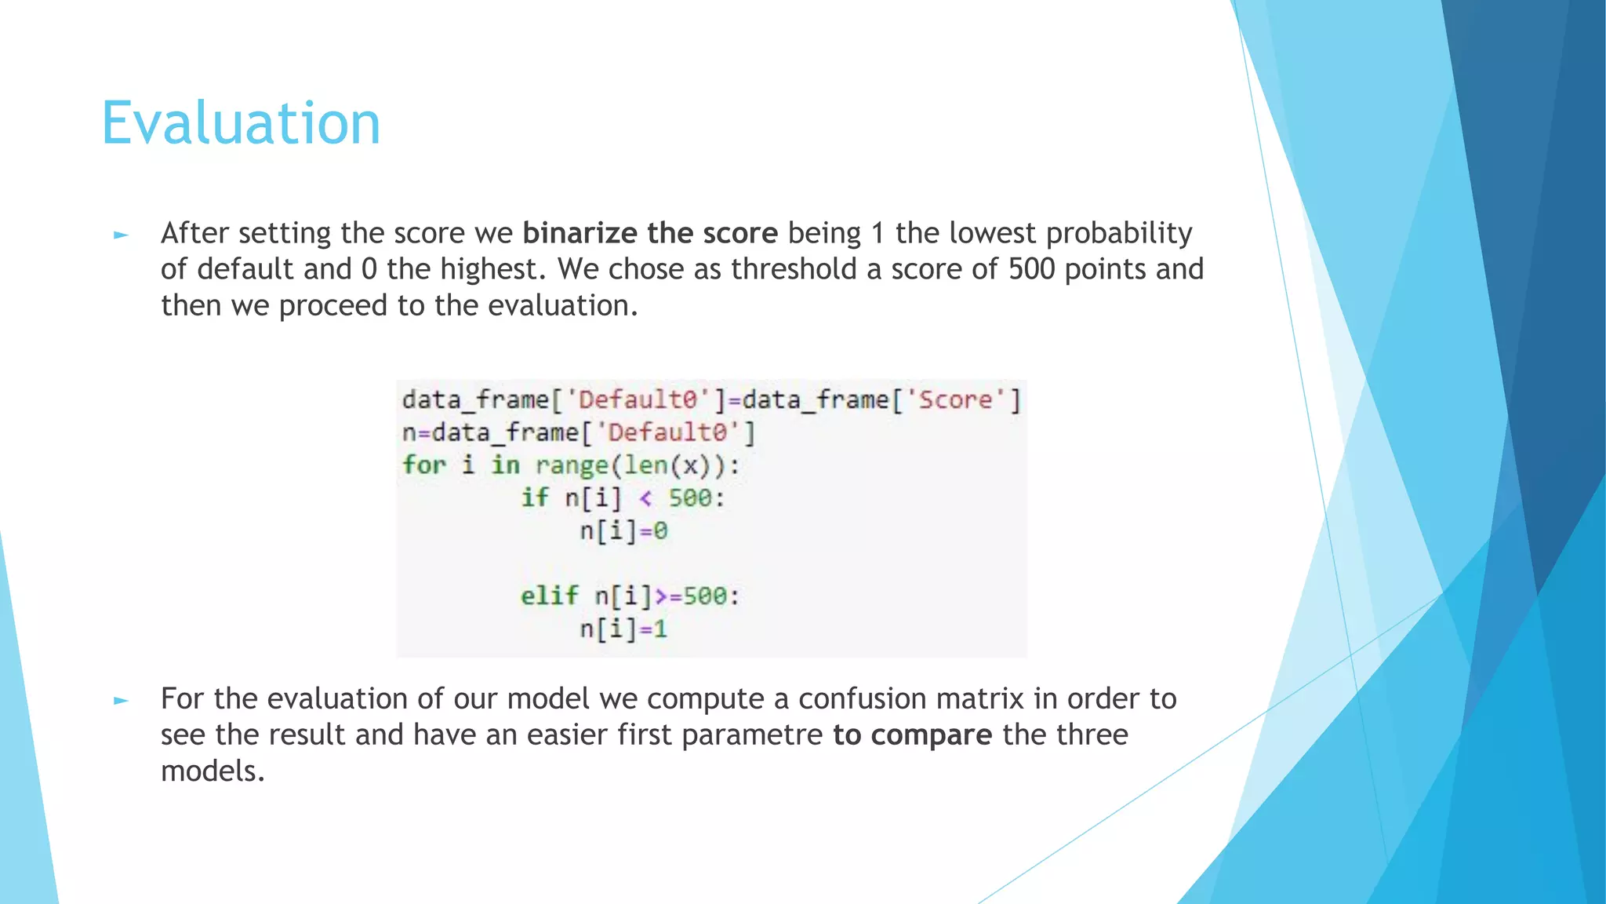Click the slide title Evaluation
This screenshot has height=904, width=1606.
[x=241, y=123]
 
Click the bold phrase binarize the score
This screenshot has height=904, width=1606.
[x=649, y=233]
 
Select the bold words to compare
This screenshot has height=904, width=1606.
[x=912, y=734]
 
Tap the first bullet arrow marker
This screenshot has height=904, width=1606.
[x=121, y=235]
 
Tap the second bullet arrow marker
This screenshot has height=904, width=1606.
[x=121, y=700]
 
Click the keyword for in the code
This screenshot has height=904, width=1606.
[x=423, y=465]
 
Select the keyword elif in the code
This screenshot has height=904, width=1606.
[x=549, y=596]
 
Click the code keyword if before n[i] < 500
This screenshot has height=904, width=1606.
[x=535, y=498]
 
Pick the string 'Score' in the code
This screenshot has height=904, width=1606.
[x=955, y=399]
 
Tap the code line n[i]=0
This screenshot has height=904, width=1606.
[x=623, y=531]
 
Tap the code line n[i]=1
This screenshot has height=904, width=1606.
[x=623, y=629]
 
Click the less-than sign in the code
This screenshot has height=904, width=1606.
[x=645, y=498]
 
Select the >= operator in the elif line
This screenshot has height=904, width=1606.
[x=667, y=596]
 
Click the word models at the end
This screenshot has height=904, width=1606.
[x=212, y=771]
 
